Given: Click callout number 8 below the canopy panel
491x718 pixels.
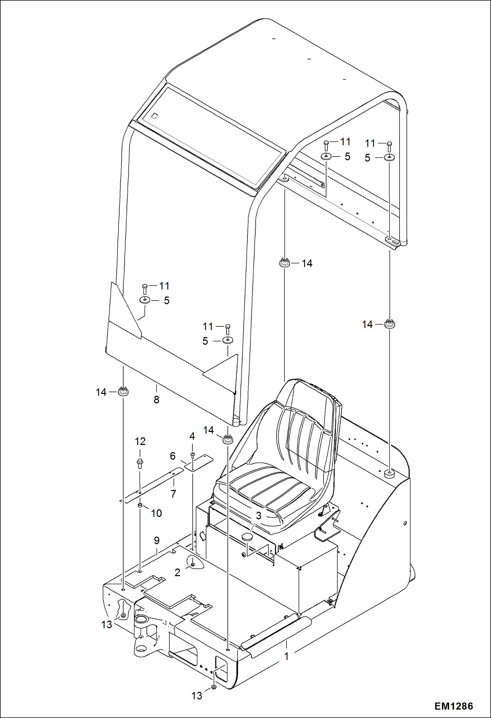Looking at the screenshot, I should [x=156, y=399].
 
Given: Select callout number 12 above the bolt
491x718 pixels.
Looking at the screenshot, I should [x=140, y=441].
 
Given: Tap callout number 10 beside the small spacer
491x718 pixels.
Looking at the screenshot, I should [x=156, y=513].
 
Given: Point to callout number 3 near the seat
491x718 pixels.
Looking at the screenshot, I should [x=259, y=516].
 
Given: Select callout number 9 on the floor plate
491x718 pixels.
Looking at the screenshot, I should [x=157, y=540].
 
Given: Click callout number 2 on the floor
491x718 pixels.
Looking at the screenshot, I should [x=177, y=572].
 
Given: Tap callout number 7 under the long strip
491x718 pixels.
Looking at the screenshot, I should [x=173, y=493].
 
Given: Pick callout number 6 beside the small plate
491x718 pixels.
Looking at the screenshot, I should [x=172, y=456].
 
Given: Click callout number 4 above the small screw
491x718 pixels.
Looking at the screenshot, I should [x=192, y=436].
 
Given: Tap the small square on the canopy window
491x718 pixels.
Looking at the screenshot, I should [x=154, y=115].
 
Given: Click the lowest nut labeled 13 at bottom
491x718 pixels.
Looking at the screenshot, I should [x=213, y=687].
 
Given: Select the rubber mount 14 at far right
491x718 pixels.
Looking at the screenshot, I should [x=389, y=324].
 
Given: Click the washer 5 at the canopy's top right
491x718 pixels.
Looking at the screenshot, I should [x=389, y=157].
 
